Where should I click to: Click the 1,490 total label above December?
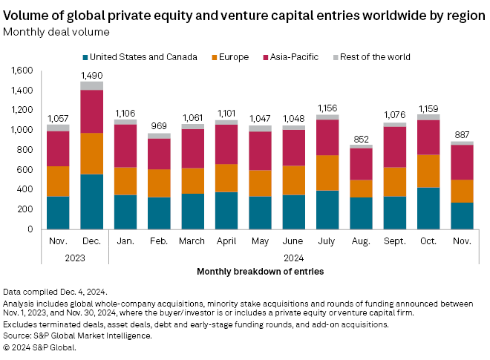pyautogui.click(x=92, y=76)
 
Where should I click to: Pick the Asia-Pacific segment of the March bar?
pyautogui.click(x=193, y=148)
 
